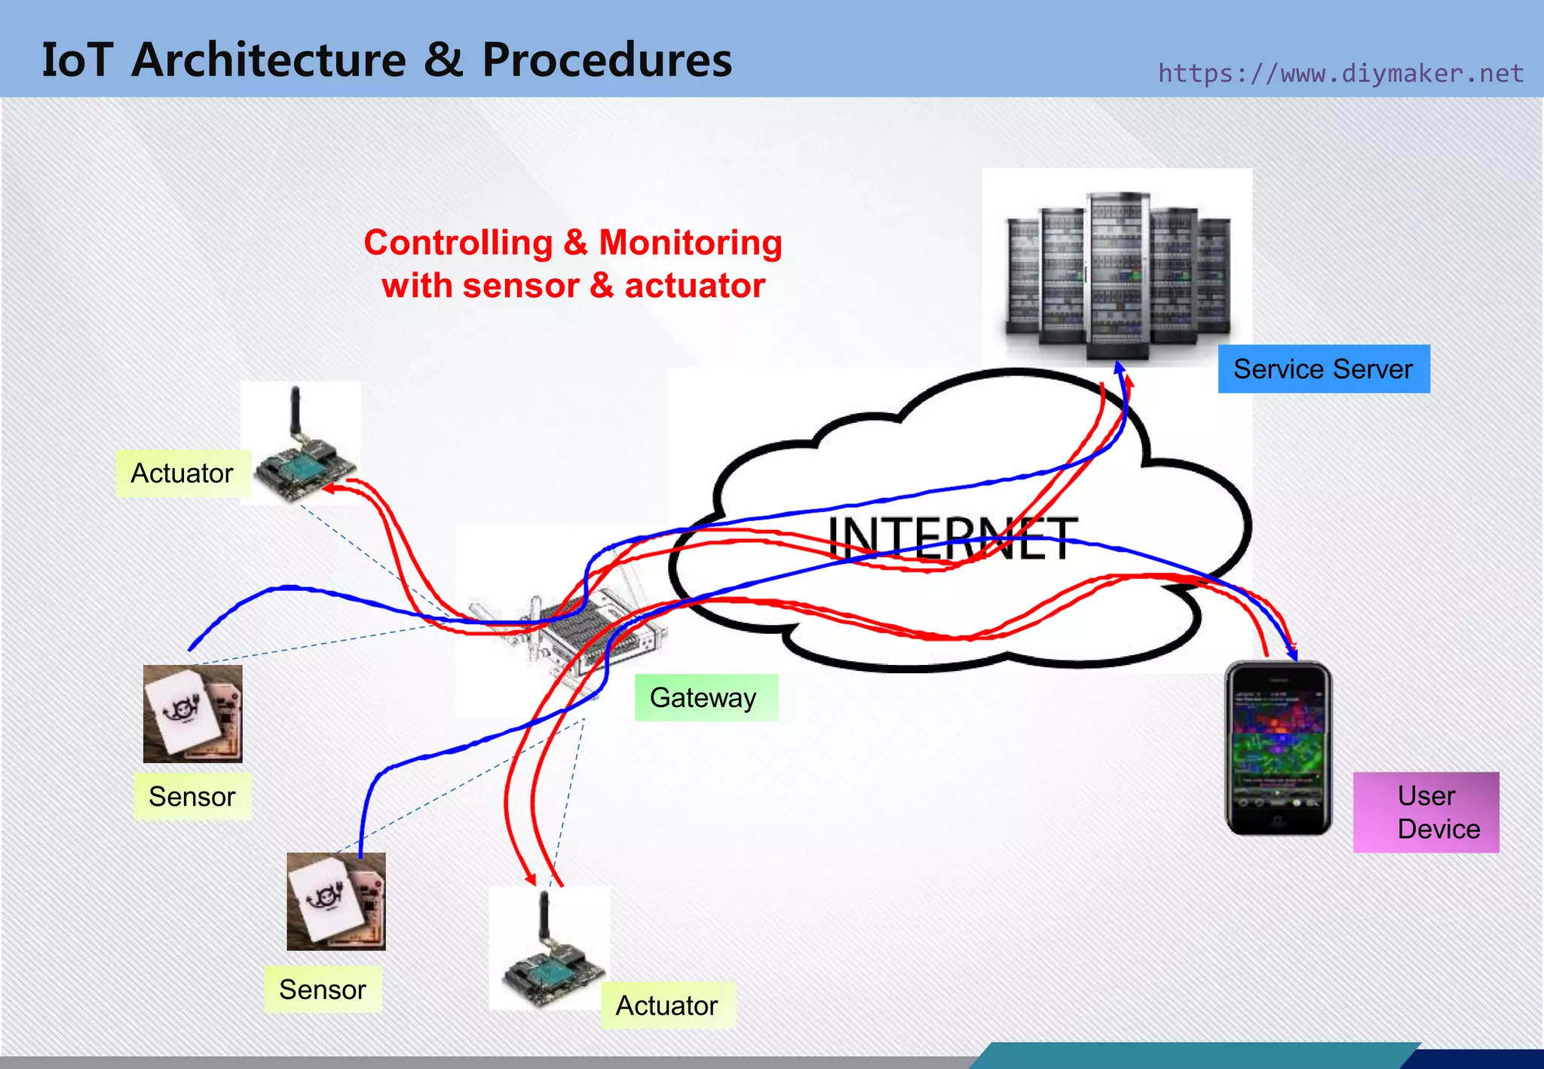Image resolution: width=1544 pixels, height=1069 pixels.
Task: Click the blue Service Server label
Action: point(1323,369)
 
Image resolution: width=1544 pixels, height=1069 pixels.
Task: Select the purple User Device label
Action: point(1426,813)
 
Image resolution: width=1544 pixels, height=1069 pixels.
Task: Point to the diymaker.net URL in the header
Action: point(1340,74)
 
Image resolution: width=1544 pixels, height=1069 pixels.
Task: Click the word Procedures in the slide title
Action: point(607,60)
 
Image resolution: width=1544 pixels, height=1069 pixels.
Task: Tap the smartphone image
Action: point(1278,749)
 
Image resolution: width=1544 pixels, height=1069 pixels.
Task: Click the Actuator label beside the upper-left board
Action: point(182,473)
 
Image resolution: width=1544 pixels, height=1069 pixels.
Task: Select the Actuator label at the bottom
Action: point(667,1006)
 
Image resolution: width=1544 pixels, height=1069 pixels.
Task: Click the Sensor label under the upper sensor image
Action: point(192,797)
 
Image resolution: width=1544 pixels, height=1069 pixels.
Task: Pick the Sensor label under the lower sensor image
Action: point(323,990)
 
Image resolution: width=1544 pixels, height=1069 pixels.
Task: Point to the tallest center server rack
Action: point(1117,275)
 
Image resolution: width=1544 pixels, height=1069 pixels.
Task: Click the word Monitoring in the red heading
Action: point(690,244)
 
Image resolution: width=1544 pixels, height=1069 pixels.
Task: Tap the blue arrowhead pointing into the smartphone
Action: point(1291,654)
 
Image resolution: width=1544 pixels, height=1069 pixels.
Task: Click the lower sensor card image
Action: point(336,901)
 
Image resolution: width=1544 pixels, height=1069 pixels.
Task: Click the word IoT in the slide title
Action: point(77,60)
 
